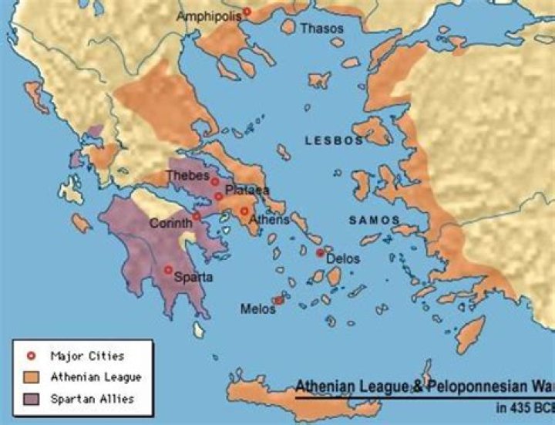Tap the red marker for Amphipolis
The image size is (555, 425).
coord(247,12)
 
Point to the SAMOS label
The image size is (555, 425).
coord(374,220)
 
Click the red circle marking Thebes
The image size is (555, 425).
coord(215,182)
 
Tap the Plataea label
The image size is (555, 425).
coord(247,190)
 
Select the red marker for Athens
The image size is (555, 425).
coord(244,211)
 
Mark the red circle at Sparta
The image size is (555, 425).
coord(168,269)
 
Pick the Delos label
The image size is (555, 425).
coord(343,258)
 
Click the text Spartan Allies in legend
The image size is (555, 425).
coord(92,399)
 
